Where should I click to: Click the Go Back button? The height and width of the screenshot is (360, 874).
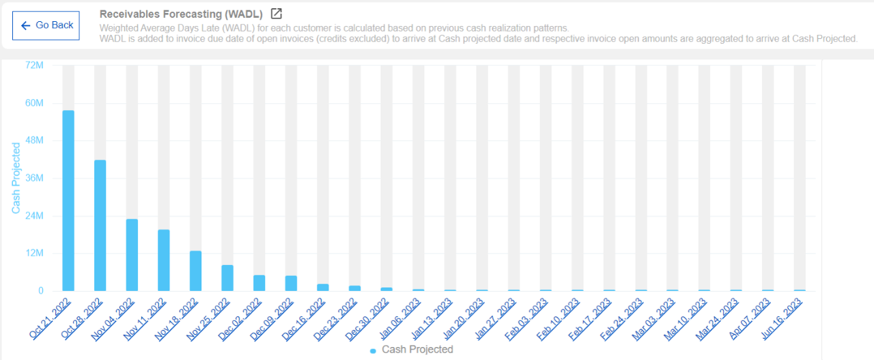click(46, 25)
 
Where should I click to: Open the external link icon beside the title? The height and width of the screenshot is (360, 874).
click(276, 14)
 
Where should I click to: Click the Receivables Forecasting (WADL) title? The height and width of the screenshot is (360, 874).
click(181, 14)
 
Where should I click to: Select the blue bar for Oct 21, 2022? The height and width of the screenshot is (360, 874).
click(68, 201)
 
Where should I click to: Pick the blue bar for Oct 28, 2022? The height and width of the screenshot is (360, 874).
click(100, 225)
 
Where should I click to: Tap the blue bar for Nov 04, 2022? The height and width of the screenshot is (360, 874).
click(132, 255)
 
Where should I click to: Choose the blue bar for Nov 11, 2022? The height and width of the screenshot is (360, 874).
click(164, 260)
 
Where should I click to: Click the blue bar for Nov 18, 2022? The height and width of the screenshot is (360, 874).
click(195, 271)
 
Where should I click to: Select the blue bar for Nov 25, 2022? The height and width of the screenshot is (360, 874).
click(227, 278)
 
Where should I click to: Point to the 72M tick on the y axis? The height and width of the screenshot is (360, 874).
click(34, 66)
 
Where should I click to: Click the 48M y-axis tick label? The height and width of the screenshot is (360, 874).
click(34, 141)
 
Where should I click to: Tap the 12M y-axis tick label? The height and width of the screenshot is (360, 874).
click(34, 253)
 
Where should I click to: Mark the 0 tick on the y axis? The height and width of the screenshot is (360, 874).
click(40, 291)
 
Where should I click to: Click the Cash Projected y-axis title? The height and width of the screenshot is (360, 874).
click(16, 178)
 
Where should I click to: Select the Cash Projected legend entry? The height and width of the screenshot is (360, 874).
click(412, 350)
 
